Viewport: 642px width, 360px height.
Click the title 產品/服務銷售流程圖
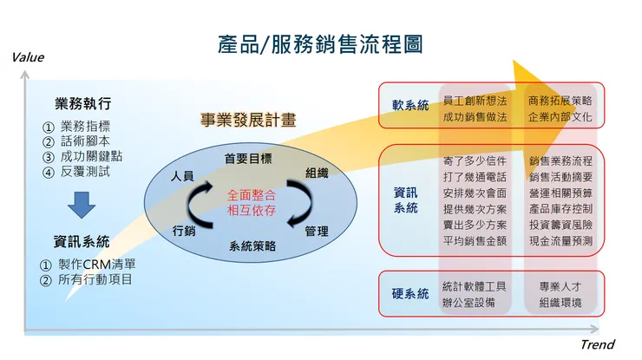pos(320,44)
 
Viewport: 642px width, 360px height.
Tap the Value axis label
pos(27,57)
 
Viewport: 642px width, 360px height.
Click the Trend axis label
pos(597,345)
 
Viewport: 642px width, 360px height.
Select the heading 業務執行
pos(82,103)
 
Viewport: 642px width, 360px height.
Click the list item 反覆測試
pos(84,172)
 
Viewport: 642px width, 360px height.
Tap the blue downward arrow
pos(82,205)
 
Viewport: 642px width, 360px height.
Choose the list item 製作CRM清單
pos(95,264)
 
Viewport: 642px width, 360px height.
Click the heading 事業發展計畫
pos(248,121)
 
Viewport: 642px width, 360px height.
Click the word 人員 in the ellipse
pos(183,176)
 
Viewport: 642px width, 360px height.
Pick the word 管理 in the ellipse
pos(317,231)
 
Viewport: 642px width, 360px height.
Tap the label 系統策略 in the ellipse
pos(252,246)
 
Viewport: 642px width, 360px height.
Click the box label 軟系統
pos(410,106)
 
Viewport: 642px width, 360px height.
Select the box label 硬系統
pos(410,295)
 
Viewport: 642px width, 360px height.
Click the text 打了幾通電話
pos(475,177)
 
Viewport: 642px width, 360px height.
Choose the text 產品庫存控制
pos(560,208)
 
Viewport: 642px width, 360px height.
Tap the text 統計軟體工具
pos(475,286)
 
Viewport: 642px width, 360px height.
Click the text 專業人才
pos(560,286)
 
